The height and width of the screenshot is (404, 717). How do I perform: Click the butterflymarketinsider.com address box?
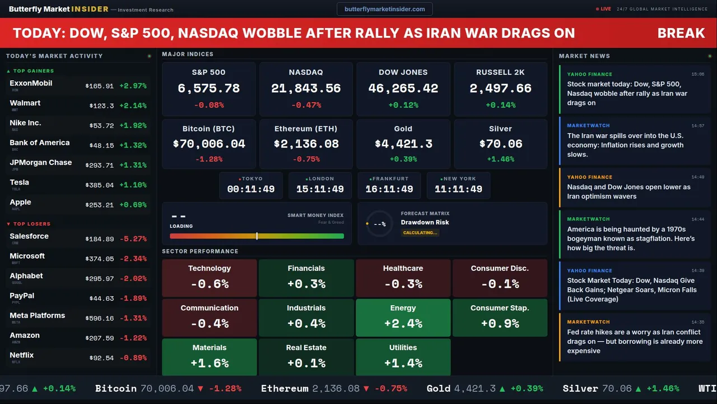click(x=385, y=9)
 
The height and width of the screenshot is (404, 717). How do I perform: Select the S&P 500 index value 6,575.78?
click(x=208, y=88)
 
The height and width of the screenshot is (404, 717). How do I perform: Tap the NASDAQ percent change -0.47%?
click(x=306, y=105)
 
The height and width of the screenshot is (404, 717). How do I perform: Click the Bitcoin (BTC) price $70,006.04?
click(x=209, y=144)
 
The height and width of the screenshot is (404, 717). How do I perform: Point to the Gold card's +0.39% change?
click(x=403, y=159)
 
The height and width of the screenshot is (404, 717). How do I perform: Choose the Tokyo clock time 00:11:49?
click(x=250, y=189)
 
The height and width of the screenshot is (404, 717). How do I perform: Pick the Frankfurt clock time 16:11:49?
click(x=389, y=189)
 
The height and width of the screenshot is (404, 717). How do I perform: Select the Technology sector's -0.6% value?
click(x=209, y=284)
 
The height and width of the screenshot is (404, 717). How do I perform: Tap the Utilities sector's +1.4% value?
click(x=403, y=363)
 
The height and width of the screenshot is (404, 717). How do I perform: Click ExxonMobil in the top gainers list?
click(x=31, y=83)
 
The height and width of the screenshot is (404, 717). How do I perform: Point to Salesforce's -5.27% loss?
click(x=133, y=239)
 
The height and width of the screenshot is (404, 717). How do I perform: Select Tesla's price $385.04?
click(x=99, y=185)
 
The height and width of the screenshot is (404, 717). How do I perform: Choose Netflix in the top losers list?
click(x=22, y=355)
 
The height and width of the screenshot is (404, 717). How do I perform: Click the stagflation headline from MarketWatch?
click(x=631, y=238)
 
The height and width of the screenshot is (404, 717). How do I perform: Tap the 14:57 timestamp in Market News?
click(x=697, y=126)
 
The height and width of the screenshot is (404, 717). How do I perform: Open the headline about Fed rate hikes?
click(x=635, y=341)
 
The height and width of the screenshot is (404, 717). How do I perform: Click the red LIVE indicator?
click(x=606, y=9)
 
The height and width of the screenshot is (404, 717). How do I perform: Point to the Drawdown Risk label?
click(x=425, y=222)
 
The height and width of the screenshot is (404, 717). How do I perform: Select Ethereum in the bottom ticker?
click(x=285, y=388)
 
